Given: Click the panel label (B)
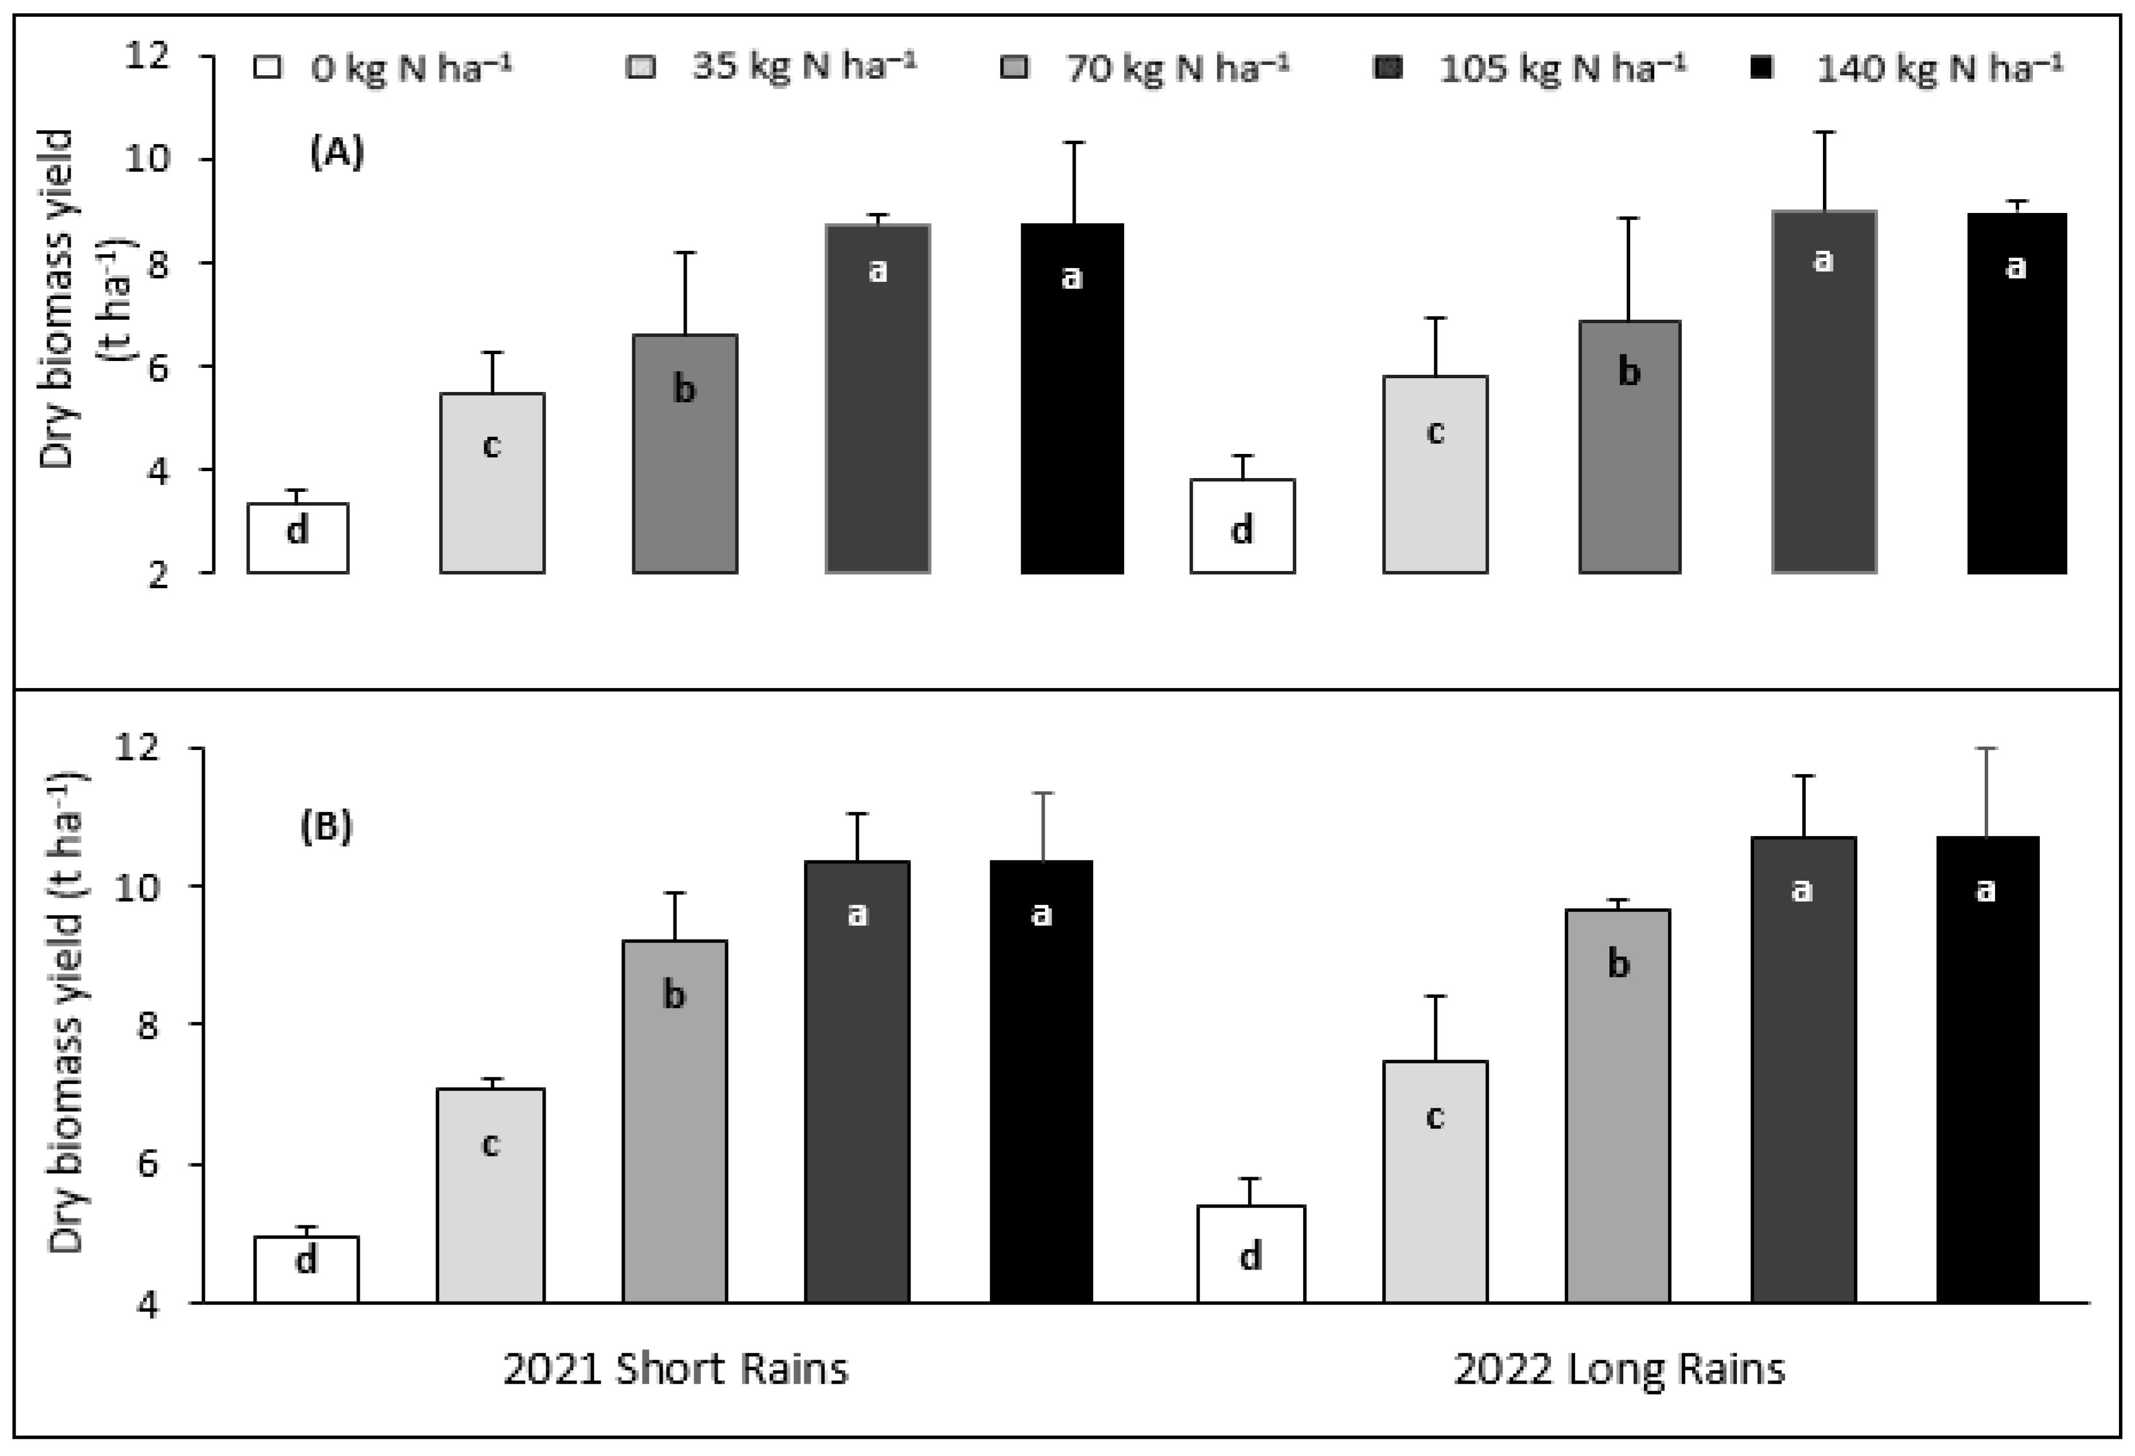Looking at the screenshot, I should point(326,828).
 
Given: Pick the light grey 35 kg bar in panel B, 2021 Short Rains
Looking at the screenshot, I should point(491,1195).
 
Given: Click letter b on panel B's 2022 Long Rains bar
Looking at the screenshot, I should point(1619,964).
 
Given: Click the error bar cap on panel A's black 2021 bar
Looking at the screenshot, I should point(1072,142).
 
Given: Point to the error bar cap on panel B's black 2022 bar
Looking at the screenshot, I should point(1987,749).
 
